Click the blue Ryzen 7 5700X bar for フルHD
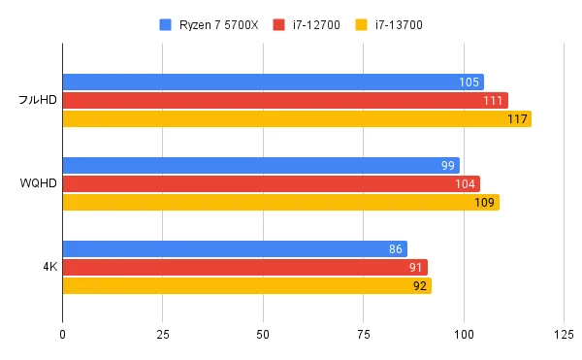click(273, 82)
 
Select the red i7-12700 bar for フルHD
click(285, 101)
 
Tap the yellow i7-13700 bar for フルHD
click(297, 119)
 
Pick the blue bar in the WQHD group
click(261, 166)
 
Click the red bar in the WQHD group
click(271, 184)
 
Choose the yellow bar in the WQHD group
click(280, 203)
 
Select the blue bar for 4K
click(235, 249)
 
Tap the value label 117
click(516, 119)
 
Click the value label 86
click(395, 249)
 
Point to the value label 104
click(465, 184)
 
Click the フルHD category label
click(38, 101)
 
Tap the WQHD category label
click(38, 184)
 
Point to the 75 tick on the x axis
click(364, 335)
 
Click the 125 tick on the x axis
click(564, 335)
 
